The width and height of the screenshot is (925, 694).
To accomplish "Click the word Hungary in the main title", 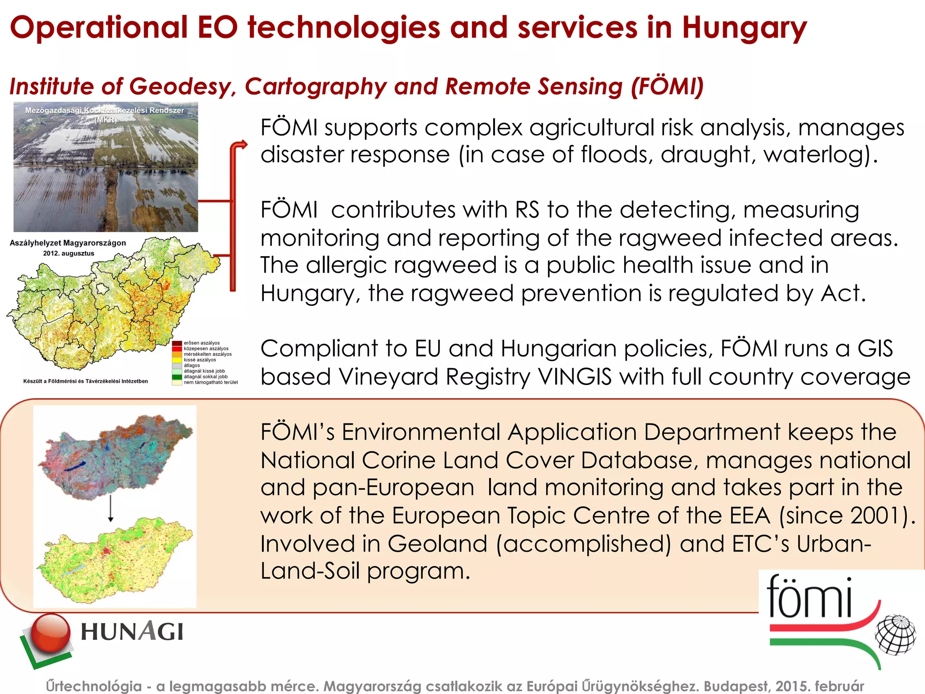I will point(744,28).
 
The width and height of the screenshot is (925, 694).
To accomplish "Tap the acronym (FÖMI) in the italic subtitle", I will point(667,86).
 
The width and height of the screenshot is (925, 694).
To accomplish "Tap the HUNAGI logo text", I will point(132,632).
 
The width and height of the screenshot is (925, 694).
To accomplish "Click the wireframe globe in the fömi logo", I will point(895,634).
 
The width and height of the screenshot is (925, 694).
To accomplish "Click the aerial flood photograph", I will point(106,167).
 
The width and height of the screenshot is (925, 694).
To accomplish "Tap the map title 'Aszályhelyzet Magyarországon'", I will point(68,243).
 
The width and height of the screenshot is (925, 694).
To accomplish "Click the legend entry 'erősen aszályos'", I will point(201,343).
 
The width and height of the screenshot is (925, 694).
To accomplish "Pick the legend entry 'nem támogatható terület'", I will point(210,382).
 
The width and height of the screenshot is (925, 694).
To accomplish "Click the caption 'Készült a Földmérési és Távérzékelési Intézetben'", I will point(85,381).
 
